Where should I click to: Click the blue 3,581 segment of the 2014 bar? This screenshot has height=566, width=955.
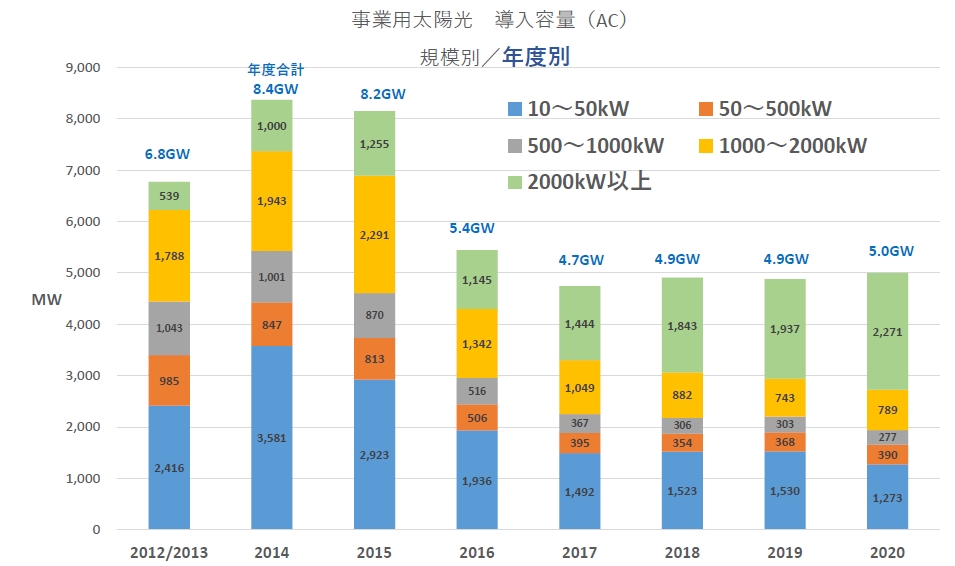tap(271, 437)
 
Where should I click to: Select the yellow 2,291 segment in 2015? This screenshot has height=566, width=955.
tap(374, 234)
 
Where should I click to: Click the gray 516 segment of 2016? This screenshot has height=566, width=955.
tap(477, 390)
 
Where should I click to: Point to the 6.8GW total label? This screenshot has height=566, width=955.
tap(168, 155)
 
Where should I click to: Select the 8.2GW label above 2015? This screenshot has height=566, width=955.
tap(374, 95)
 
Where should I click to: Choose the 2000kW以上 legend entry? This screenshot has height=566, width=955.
tap(579, 182)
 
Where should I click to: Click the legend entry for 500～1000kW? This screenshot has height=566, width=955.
tap(585, 146)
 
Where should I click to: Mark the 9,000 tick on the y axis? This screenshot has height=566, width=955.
tap(77, 68)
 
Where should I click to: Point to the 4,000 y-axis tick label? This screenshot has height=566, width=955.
tap(77, 325)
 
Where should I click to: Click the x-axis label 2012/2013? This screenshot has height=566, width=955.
tap(168, 553)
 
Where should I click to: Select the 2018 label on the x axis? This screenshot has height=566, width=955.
tap(682, 553)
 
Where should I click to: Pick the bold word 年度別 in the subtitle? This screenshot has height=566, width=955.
tap(536, 56)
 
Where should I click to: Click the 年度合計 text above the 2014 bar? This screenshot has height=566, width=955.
tap(274, 70)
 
